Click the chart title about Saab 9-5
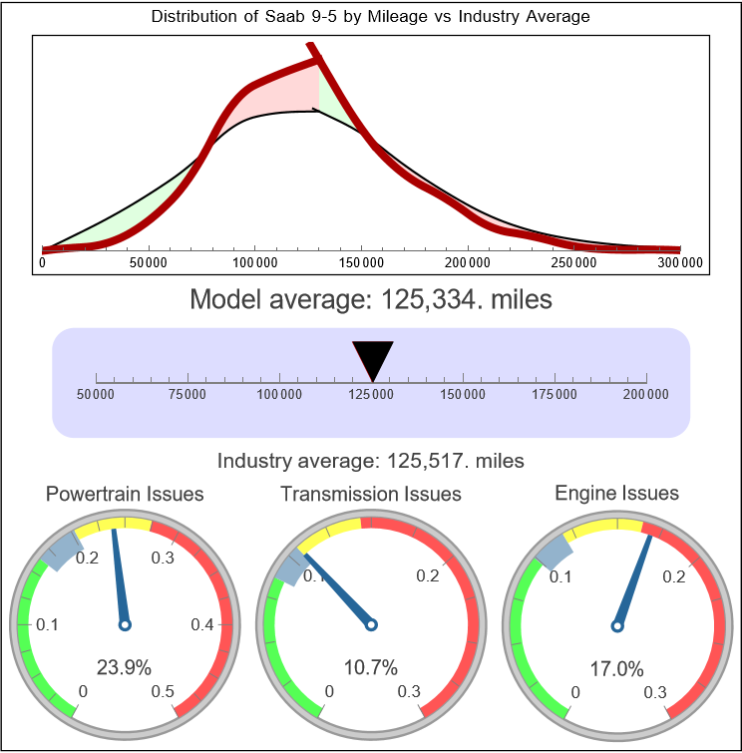[370, 17]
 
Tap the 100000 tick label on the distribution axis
[254, 262]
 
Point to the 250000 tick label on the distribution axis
[573, 262]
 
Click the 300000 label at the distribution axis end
[681, 262]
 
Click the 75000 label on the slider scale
[187, 395]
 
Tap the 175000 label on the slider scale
[555, 395]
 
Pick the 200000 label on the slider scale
[646, 395]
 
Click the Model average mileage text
[370, 299]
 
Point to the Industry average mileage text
[371, 461]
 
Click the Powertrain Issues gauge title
[125, 494]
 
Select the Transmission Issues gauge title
[371, 494]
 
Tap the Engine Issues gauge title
[616, 493]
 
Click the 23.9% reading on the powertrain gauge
[124, 667]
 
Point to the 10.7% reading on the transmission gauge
[370, 667]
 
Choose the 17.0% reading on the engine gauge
[616, 667]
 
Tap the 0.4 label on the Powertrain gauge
[202, 625]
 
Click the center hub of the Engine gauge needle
[616, 625]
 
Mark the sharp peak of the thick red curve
[312, 47]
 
